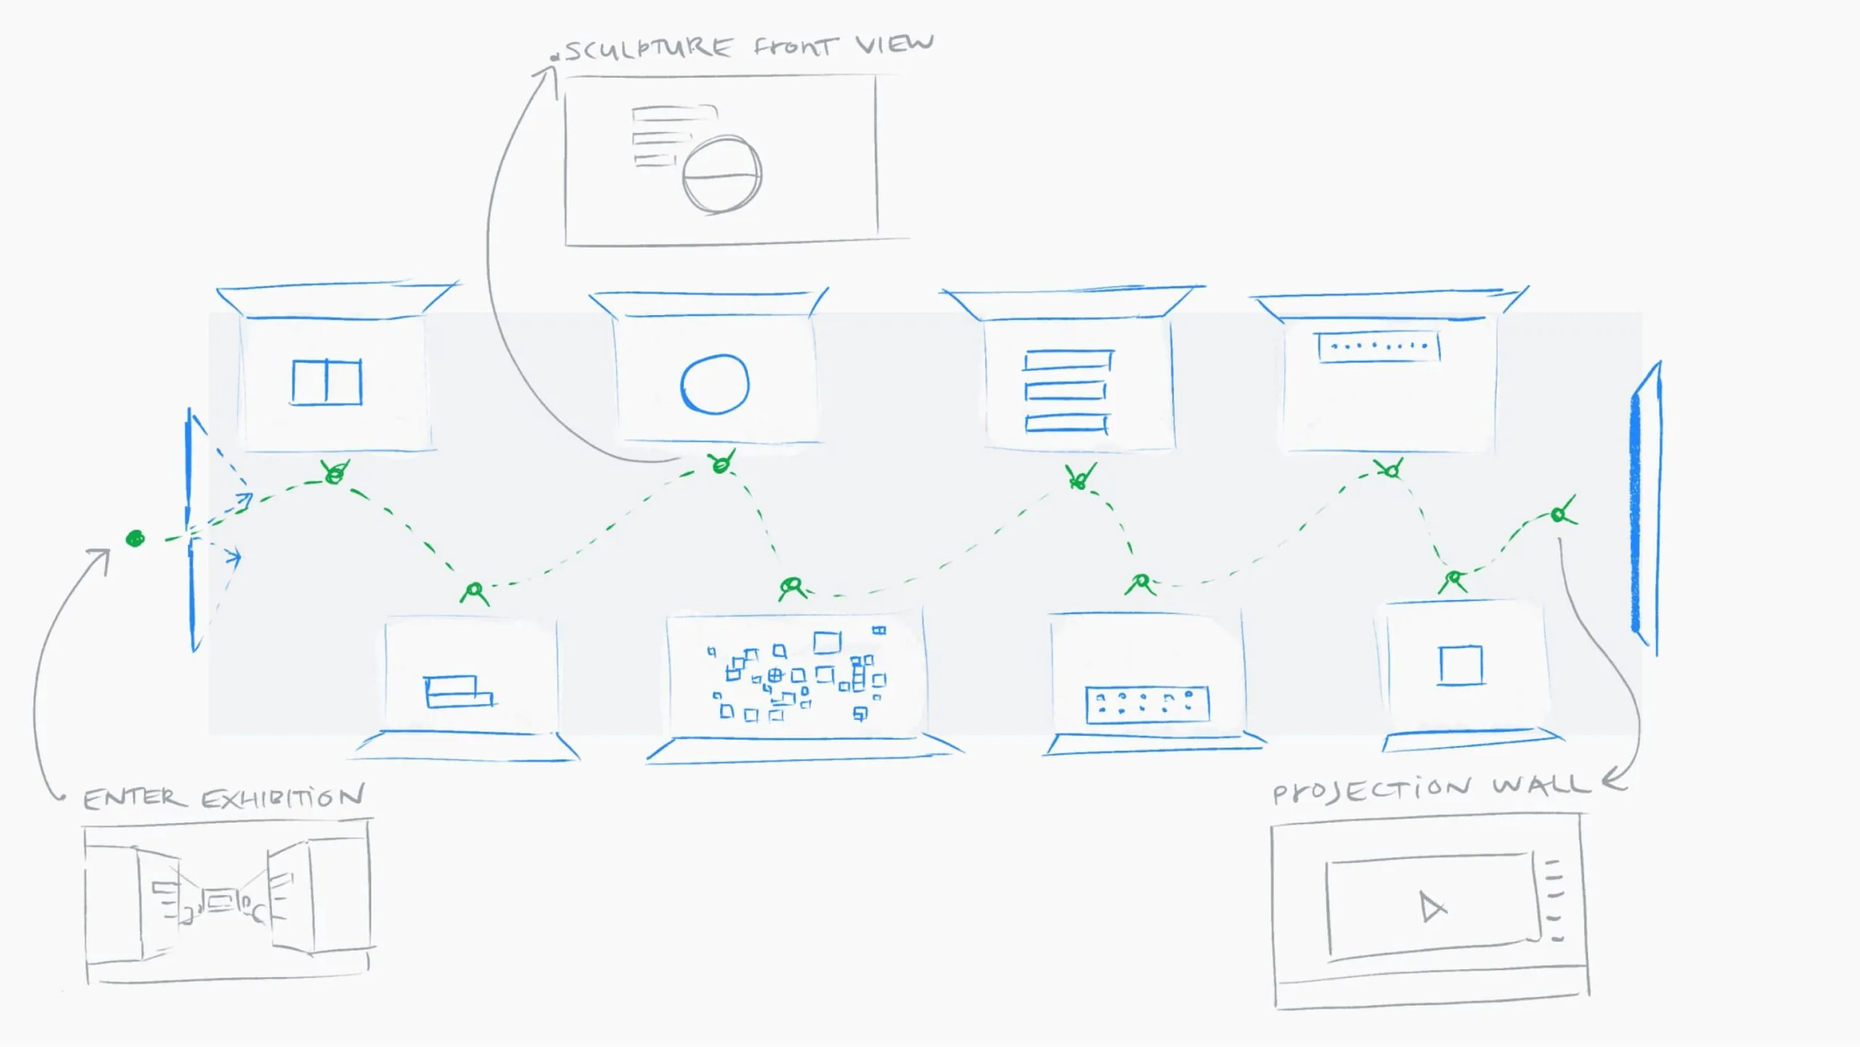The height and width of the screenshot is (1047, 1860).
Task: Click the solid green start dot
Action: tap(135, 538)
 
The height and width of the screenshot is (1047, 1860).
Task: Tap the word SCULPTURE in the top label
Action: tap(648, 49)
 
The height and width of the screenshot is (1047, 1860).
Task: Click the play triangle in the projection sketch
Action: tap(1432, 907)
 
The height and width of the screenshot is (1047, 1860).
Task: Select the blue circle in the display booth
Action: tap(714, 384)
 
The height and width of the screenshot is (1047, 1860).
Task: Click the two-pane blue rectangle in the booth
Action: tap(327, 382)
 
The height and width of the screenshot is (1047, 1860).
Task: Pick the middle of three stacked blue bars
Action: tap(1066, 392)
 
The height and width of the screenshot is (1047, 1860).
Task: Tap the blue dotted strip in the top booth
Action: tap(1378, 347)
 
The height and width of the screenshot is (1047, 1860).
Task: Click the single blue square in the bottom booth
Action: tap(1460, 665)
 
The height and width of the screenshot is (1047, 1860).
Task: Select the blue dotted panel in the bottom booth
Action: tap(1147, 704)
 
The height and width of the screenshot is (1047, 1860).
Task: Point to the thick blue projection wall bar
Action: tap(1636, 509)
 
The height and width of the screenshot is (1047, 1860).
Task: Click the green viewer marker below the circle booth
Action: tap(721, 463)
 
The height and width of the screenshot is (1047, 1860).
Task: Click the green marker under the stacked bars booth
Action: tap(1080, 477)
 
